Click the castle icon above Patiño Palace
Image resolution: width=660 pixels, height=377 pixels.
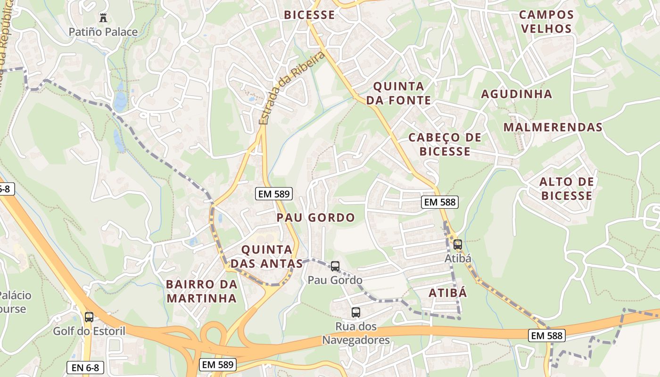click(103, 18)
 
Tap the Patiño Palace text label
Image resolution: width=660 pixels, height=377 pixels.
click(103, 32)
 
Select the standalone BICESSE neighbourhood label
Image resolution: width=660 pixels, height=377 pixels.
click(309, 15)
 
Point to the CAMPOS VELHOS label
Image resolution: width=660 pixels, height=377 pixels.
click(546, 22)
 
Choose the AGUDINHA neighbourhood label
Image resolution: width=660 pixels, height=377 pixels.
click(516, 94)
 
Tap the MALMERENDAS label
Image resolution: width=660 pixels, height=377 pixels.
click(553, 127)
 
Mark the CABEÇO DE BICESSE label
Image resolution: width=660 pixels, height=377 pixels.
click(445, 144)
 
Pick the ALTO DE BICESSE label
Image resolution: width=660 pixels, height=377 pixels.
click(566, 188)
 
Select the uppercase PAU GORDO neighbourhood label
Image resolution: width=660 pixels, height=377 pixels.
click(315, 218)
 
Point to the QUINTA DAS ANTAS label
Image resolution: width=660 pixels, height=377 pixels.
click(266, 256)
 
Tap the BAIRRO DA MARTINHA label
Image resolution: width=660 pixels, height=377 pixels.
click(201, 291)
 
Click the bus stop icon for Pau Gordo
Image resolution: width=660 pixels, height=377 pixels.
click(335, 266)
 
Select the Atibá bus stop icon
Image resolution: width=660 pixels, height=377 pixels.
click(457, 245)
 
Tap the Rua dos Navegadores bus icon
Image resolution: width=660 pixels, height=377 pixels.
click(356, 312)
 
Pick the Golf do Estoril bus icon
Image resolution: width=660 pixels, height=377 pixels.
click(89, 317)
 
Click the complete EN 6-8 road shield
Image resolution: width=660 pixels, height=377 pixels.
click(85, 368)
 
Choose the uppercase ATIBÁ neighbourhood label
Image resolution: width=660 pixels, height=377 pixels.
click(448, 293)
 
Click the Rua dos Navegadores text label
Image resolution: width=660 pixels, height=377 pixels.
click(356, 333)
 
